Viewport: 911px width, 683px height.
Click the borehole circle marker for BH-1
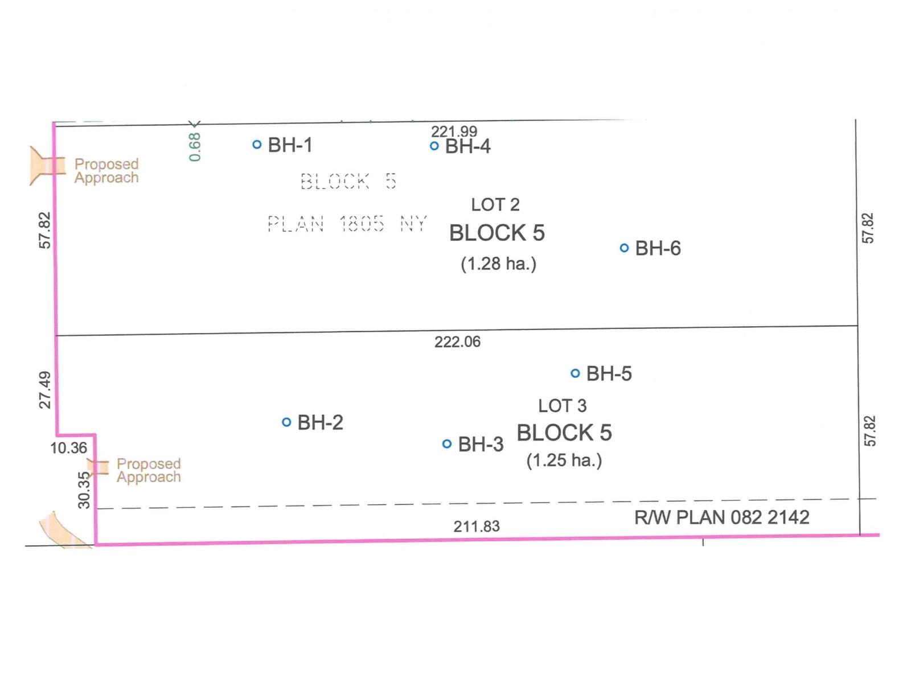pos(257,145)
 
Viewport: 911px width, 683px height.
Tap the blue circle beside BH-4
pos(434,146)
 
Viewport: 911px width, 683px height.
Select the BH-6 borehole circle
pos(624,248)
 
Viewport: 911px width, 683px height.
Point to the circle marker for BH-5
pos(575,373)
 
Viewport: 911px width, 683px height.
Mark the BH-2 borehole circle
pos(286,422)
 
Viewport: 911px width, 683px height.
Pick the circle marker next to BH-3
pos(446,444)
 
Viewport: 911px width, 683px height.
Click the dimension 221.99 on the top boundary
pos(454,131)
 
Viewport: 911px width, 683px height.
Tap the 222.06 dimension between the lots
pos(457,341)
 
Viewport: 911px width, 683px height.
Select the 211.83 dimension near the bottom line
pos(477,526)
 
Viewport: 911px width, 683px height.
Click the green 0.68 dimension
pos(195,147)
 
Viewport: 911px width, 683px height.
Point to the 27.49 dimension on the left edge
pos(45,390)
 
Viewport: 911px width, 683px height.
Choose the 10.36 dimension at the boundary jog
pos(68,448)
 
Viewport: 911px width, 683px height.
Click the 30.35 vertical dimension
pos(84,489)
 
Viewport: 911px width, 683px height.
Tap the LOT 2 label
pos(495,204)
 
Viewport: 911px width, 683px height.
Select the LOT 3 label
pos(563,406)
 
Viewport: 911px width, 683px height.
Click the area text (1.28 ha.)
pos(498,264)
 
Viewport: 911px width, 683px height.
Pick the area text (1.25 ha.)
pos(564,460)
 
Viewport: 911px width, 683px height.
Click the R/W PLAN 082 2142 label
pos(722,517)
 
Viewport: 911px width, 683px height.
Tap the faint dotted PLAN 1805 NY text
pos(347,224)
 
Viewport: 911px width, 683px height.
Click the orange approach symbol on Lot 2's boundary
pos(47,166)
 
